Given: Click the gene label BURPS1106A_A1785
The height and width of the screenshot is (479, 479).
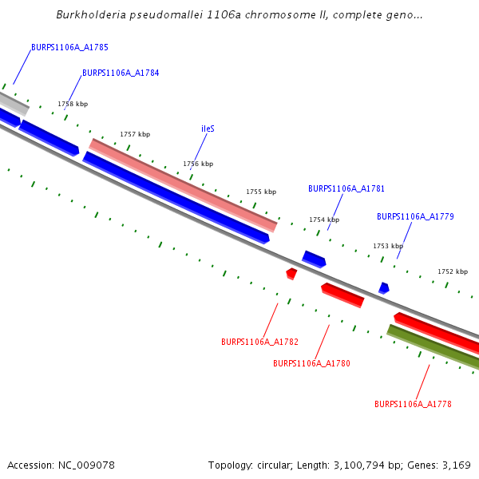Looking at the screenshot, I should [x=69, y=47].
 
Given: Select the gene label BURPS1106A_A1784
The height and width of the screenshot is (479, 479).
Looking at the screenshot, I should [x=121, y=73].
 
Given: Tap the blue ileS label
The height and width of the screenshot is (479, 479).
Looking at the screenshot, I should [x=208, y=129].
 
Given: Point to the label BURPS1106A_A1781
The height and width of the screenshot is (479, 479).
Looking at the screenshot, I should [x=346, y=188].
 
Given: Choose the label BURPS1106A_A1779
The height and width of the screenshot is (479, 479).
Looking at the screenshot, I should [x=415, y=216].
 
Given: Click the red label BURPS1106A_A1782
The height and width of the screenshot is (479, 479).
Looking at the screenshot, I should [x=259, y=342].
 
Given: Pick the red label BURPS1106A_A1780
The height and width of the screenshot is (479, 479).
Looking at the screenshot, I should [x=311, y=363].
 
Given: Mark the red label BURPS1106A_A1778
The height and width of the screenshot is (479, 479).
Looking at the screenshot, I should [x=413, y=404].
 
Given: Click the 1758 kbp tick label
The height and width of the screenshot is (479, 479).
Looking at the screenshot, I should [x=73, y=104].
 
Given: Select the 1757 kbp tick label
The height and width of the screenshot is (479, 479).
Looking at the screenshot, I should [x=135, y=134].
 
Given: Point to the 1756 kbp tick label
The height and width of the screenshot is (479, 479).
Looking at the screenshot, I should [x=198, y=164].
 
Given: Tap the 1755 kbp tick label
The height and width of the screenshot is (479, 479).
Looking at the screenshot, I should [x=261, y=192].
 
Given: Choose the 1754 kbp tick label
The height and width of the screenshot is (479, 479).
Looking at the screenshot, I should [x=324, y=220].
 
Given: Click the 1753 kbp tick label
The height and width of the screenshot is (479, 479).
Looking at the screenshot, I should [x=388, y=246].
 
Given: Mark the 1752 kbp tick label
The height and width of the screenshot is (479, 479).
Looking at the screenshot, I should [x=453, y=271].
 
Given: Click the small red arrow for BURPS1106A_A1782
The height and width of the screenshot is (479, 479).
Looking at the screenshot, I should [x=291, y=274].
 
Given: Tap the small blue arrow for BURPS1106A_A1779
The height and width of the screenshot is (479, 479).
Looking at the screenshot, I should [x=384, y=287].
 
